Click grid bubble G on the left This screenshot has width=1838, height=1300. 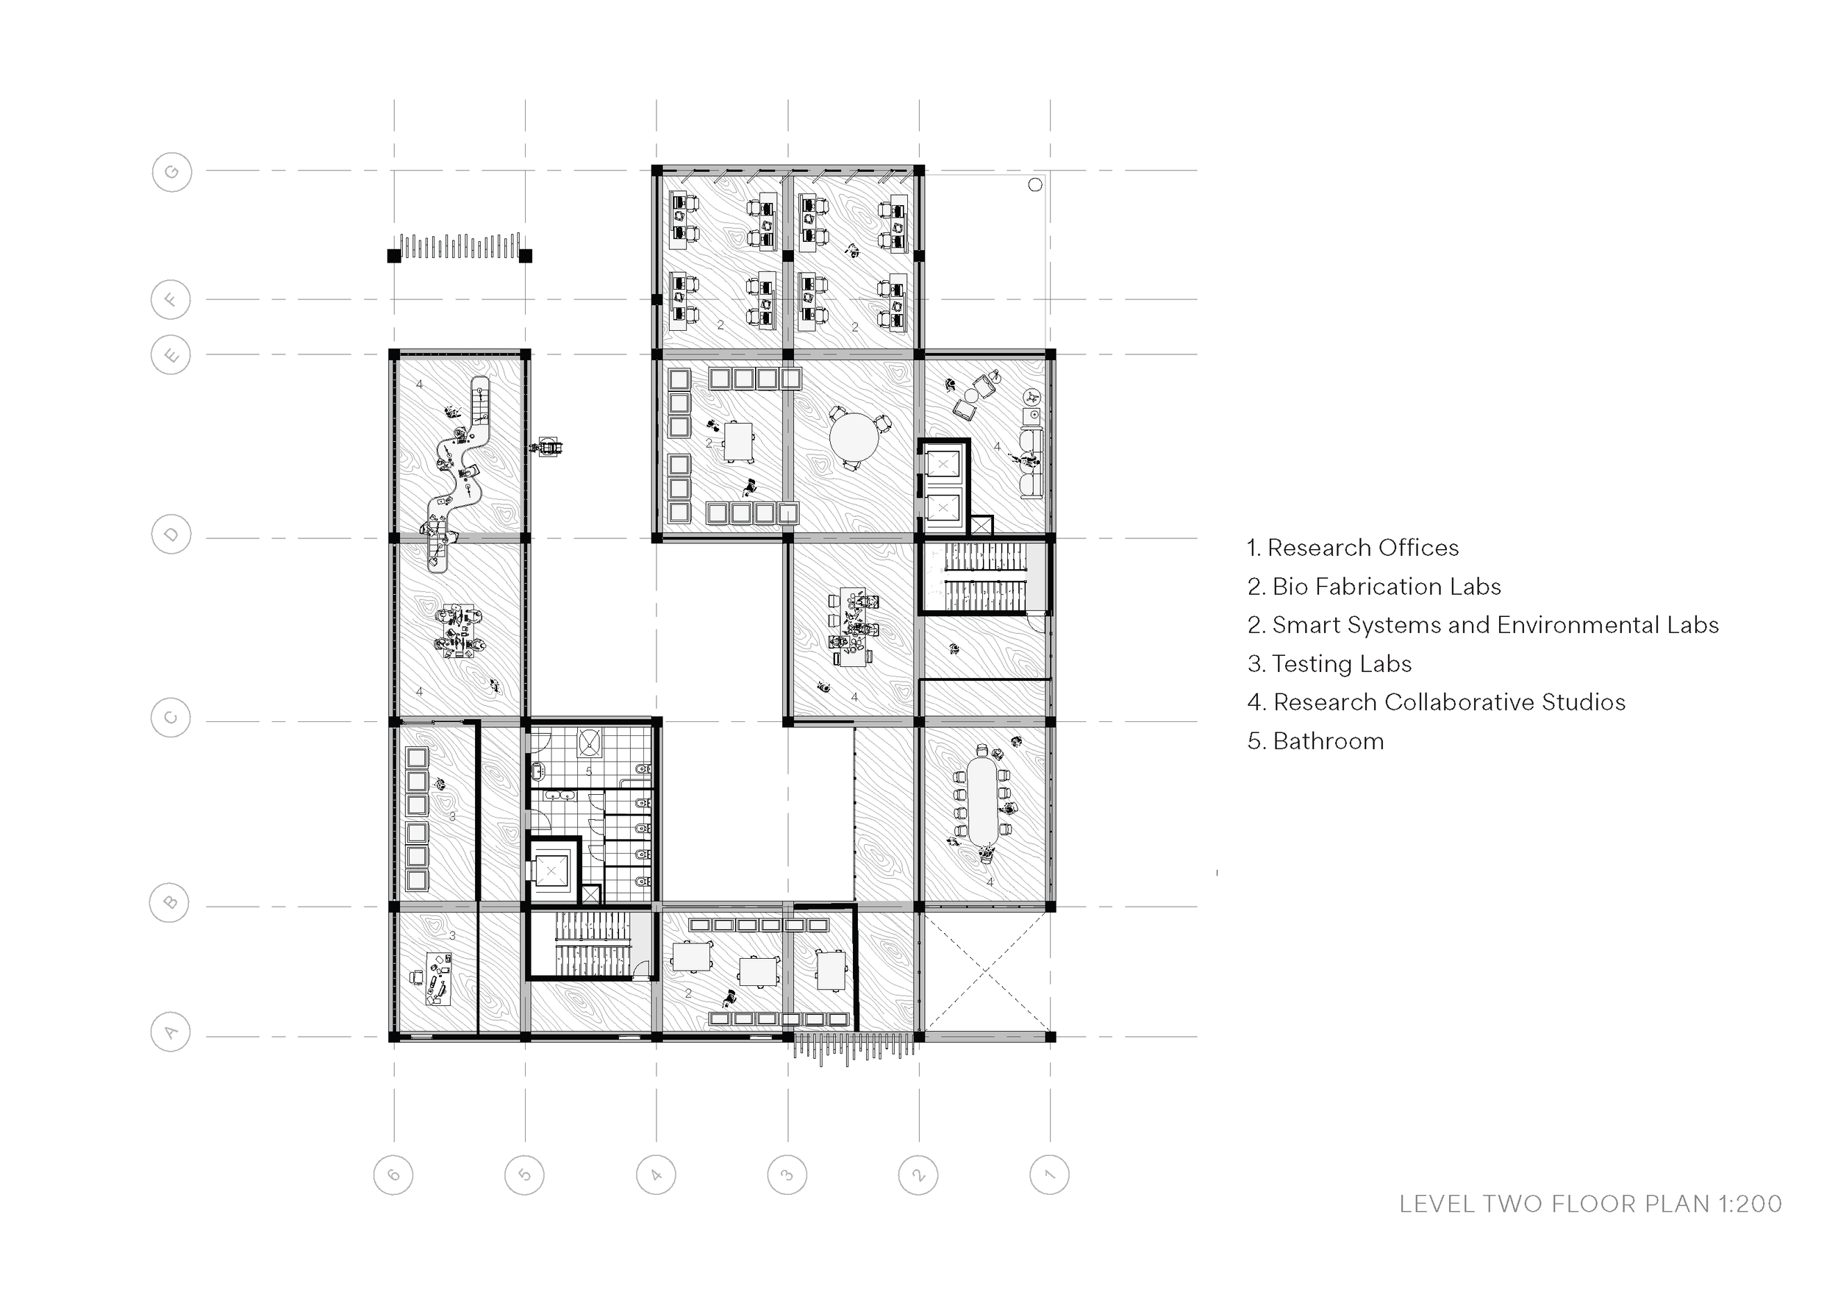coord(171,172)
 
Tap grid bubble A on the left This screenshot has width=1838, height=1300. coord(171,1032)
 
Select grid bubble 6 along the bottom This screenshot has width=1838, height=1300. coord(393,1175)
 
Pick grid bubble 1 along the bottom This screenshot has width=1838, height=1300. coord(1049,1175)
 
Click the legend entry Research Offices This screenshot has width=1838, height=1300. coord(1353,548)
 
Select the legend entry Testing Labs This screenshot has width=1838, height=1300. coord(1330,664)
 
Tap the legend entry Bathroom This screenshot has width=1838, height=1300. coord(1315,741)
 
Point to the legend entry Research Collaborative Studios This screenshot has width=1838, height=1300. coord(1436,702)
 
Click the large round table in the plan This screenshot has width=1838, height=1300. coord(854,437)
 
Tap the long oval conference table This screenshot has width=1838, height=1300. coord(982,801)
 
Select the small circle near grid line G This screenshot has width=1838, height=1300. coord(1035,185)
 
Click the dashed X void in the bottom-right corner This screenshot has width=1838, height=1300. coord(985,972)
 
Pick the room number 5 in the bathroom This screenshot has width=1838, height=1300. coord(589,771)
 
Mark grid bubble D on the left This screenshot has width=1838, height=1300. coord(171,535)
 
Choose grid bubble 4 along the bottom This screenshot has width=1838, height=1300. coord(656,1175)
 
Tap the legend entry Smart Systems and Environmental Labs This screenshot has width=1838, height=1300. coord(1484,625)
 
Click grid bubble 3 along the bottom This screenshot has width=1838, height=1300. coord(787,1175)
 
